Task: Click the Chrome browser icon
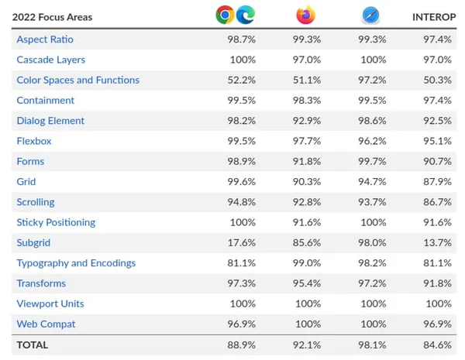pyautogui.click(x=226, y=15)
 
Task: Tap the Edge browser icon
pyautogui.click(x=246, y=15)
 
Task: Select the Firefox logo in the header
pyautogui.click(x=306, y=15)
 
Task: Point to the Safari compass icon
pyautogui.click(x=370, y=15)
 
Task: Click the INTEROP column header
pyautogui.click(x=433, y=16)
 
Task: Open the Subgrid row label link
pyautogui.click(x=33, y=242)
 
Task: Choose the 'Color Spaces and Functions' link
pyautogui.click(x=77, y=80)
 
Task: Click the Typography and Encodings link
pyautogui.click(x=76, y=263)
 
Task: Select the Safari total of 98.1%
pyautogui.click(x=372, y=345)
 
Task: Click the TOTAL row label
pyautogui.click(x=32, y=345)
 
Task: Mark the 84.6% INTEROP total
pyautogui.click(x=439, y=345)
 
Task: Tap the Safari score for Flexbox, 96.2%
pyautogui.click(x=372, y=141)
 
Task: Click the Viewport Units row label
pyautogui.click(x=50, y=303)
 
